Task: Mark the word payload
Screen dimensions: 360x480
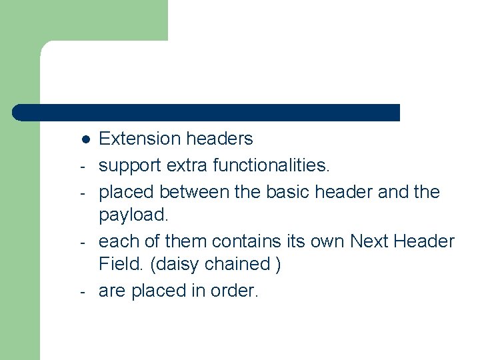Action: coord(132,216)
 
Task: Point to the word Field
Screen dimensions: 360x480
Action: coord(122,264)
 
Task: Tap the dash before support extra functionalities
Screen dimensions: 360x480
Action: coord(80,166)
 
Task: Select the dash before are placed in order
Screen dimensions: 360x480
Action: coord(80,292)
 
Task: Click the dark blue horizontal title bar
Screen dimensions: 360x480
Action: coord(207,113)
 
